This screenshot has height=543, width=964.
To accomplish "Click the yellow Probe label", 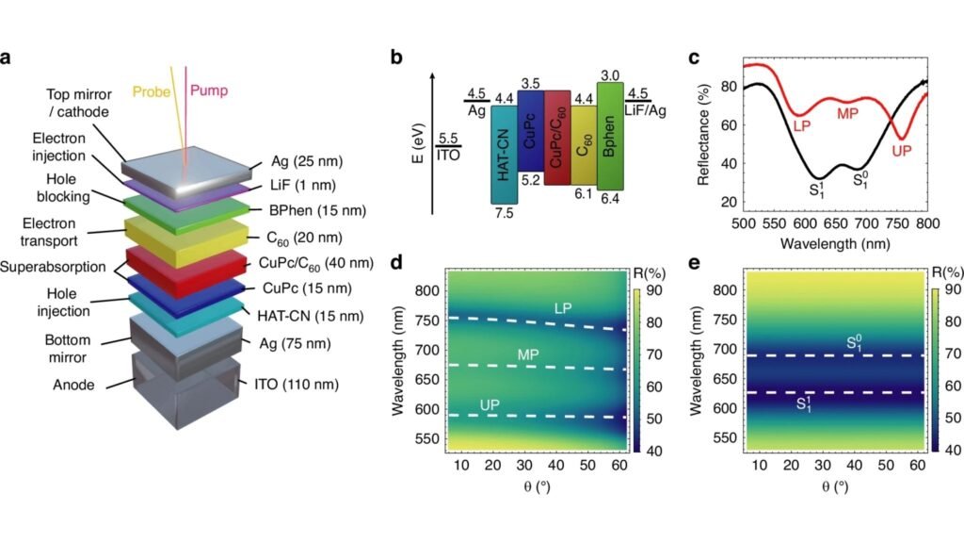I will [x=152, y=92].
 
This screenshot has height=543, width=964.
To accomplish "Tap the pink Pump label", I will [x=209, y=91].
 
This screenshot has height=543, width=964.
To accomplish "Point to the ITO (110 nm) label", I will [x=302, y=384].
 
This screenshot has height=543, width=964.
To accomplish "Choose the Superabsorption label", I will [x=53, y=267].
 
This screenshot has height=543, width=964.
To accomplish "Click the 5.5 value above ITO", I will [x=448, y=138].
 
